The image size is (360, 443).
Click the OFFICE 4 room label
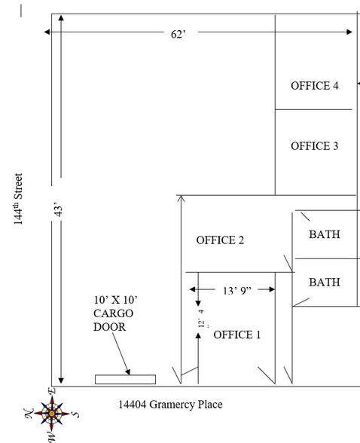pos(315,86)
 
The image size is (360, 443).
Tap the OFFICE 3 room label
pos(315,146)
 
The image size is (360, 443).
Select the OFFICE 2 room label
pos(220,240)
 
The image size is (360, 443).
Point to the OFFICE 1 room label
pos(237,335)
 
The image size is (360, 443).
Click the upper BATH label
pos(325,234)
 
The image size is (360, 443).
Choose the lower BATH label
pos(325,283)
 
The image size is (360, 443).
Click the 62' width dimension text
pos(178,34)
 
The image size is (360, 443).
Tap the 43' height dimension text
pos(57,209)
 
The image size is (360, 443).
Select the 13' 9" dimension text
pos(237,291)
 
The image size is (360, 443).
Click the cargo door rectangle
pos(125,380)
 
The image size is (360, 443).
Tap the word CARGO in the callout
pos(113,313)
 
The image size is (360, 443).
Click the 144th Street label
pos(18,199)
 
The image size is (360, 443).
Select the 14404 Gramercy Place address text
pos(170,405)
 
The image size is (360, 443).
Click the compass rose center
pos(52,414)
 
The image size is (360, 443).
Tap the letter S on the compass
pos(75,414)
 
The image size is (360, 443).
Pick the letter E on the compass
pos(52,391)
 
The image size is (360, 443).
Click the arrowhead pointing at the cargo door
pos(127,372)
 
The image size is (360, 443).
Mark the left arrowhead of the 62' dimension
pos(47,32)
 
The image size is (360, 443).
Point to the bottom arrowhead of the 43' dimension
pos(61,380)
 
